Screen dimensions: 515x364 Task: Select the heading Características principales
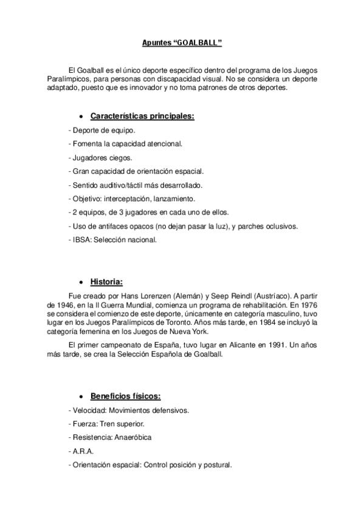[x=142, y=116]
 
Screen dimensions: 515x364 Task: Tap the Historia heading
[x=107, y=282]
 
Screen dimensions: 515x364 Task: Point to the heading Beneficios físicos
[x=125, y=397]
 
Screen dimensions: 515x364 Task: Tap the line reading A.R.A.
[x=79, y=452]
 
